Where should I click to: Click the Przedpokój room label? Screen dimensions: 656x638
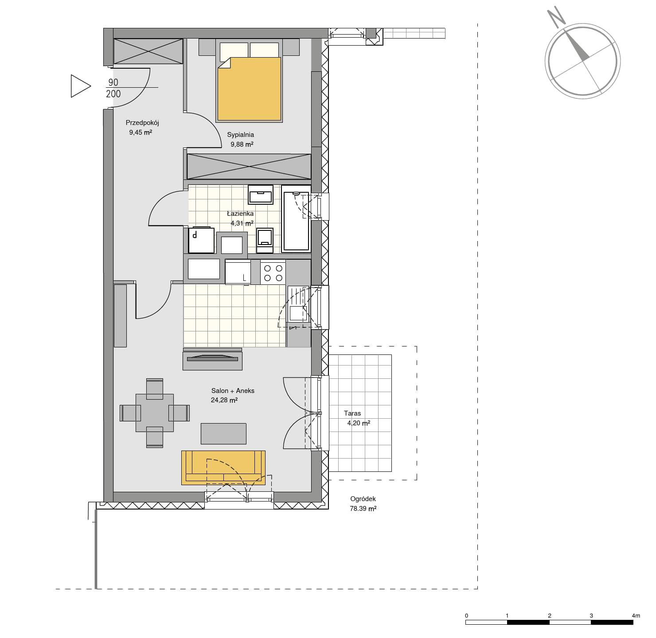142,123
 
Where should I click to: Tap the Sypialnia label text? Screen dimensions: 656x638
240,135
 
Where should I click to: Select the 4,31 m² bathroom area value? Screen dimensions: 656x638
242,223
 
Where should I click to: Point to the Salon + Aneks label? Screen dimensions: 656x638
233,391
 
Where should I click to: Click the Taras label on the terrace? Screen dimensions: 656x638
352,413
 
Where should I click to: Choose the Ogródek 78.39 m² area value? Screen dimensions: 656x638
363,509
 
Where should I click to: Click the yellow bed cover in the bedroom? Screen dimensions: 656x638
249,89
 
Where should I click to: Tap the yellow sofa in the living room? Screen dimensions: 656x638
223,468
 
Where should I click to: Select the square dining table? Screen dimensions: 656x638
154,413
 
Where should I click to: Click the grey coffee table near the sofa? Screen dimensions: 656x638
223,434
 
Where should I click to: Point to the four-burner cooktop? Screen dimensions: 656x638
273,273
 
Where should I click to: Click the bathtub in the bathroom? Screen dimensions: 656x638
297,219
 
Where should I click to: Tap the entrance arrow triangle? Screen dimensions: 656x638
80,86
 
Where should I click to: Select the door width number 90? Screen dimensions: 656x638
113,82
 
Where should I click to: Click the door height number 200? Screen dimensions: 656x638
113,93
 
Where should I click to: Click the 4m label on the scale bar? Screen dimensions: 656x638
636,615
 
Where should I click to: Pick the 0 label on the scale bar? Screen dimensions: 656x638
467,615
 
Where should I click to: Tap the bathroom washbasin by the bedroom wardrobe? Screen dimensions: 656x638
260,195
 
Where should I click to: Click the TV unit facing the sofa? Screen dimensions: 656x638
212,359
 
